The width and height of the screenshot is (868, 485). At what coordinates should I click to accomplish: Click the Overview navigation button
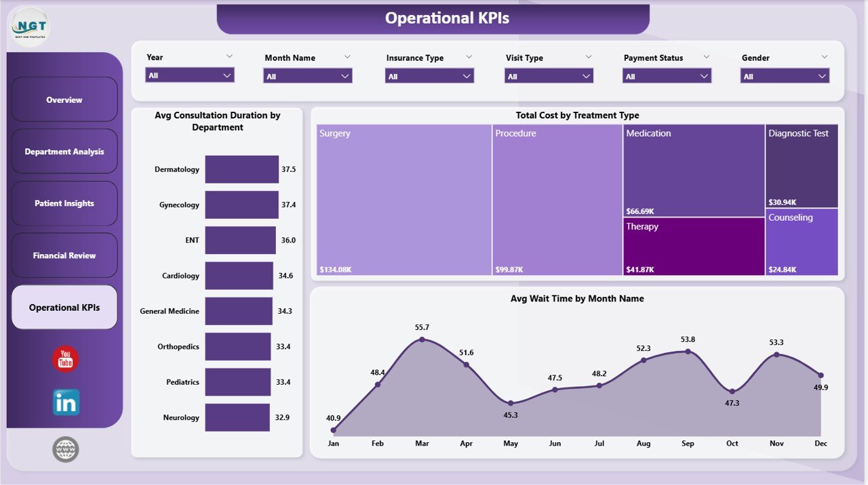click(64, 100)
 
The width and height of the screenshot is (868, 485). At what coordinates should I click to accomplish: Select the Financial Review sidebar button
click(64, 255)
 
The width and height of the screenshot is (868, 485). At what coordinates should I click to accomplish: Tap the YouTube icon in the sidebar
click(66, 359)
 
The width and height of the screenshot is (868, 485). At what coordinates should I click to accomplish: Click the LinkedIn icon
click(66, 402)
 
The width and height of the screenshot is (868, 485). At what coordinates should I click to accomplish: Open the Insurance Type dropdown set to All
click(429, 76)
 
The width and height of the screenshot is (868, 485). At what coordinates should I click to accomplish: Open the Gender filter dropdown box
click(785, 76)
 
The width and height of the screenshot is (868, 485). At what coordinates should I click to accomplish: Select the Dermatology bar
click(242, 169)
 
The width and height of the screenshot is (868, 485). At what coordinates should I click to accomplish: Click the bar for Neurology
click(238, 417)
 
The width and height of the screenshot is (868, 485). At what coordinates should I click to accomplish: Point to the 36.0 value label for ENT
click(288, 240)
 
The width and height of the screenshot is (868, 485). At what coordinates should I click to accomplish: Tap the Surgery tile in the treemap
click(404, 200)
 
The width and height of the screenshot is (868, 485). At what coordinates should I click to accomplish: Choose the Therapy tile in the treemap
click(694, 247)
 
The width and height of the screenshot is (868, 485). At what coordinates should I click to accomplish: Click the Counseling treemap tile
click(802, 242)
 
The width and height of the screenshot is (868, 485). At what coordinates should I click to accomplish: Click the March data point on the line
click(422, 339)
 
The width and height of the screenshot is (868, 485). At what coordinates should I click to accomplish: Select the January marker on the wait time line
click(333, 429)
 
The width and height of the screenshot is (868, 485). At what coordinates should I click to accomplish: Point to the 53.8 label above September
click(688, 339)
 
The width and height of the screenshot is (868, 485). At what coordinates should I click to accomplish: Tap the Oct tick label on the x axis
click(732, 444)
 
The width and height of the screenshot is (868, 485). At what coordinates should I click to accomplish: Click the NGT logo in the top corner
click(31, 27)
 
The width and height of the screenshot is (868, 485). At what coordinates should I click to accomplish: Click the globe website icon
click(66, 449)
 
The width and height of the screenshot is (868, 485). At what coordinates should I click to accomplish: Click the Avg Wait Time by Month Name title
click(577, 299)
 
